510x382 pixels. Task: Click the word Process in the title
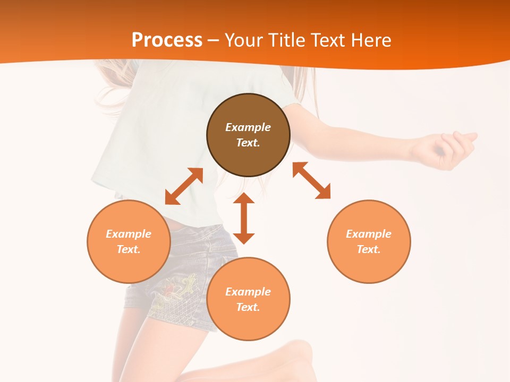(167, 40)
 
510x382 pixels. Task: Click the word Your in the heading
(242, 40)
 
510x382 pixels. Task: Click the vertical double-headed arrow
(244, 218)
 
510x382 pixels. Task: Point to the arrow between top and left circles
(184, 186)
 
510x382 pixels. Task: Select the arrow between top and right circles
(312, 180)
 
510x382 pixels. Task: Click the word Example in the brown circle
(248, 127)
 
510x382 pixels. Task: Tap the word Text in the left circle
(129, 249)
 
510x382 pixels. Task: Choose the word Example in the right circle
(369, 234)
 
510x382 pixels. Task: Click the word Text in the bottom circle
(248, 307)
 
